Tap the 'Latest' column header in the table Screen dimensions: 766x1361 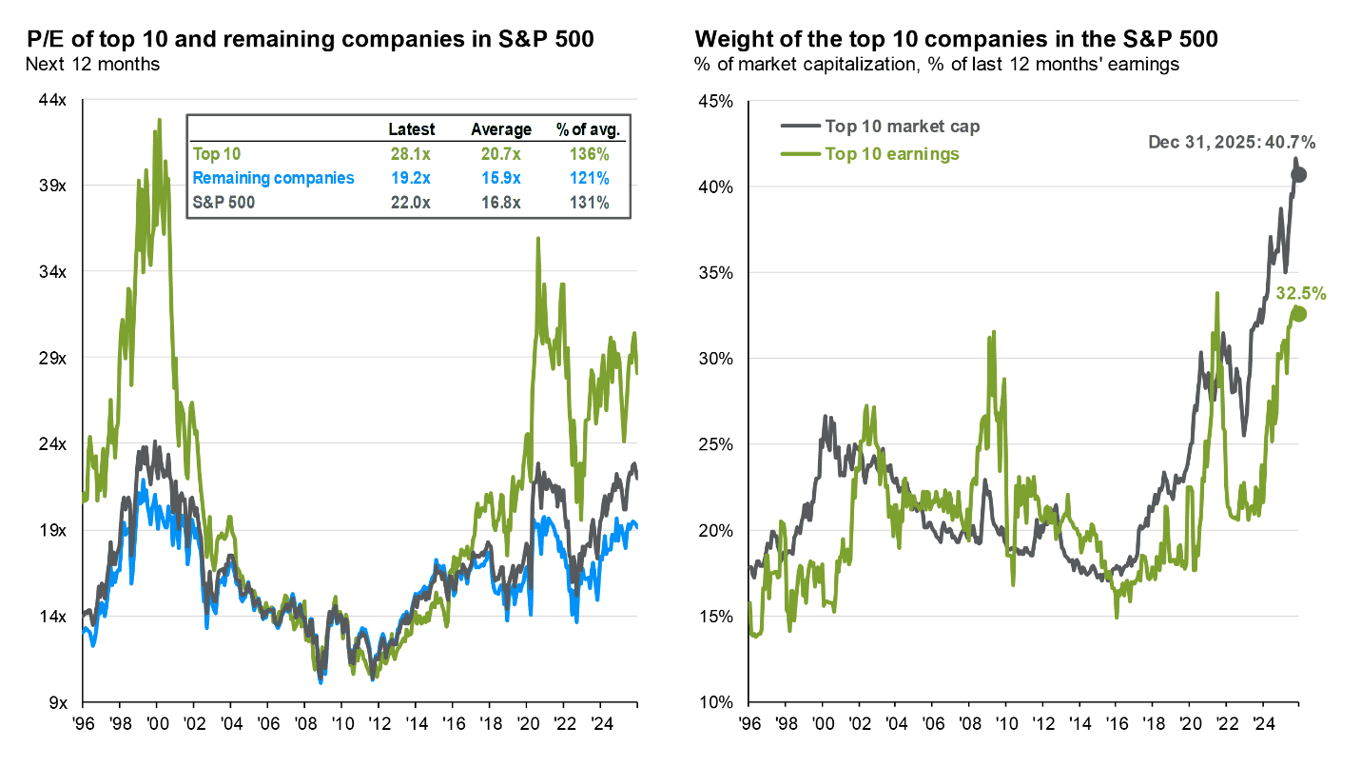coord(412,129)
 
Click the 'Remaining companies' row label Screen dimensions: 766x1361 coord(261,178)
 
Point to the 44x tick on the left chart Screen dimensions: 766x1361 coord(51,100)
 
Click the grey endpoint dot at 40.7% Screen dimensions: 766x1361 coord(1299,174)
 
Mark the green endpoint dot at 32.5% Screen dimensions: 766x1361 coord(1299,315)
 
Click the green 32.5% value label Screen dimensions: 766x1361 coord(1300,293)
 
